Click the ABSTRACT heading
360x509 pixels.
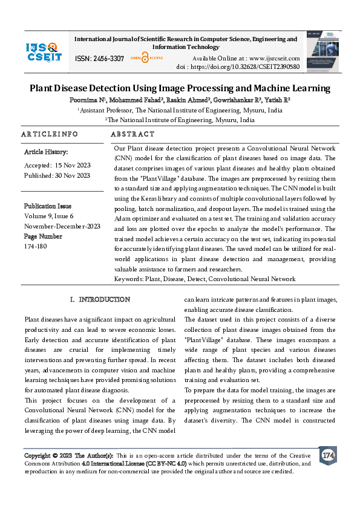point(133,134)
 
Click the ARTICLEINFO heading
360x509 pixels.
point(50,134)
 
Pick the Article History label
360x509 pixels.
point(46,152)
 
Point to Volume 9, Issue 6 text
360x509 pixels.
point(48,215)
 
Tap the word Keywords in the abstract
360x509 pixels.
point(128,279)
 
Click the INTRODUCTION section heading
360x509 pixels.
point(104,299)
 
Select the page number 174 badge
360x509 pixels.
point(328,455)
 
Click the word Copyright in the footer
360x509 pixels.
point(37,455)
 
